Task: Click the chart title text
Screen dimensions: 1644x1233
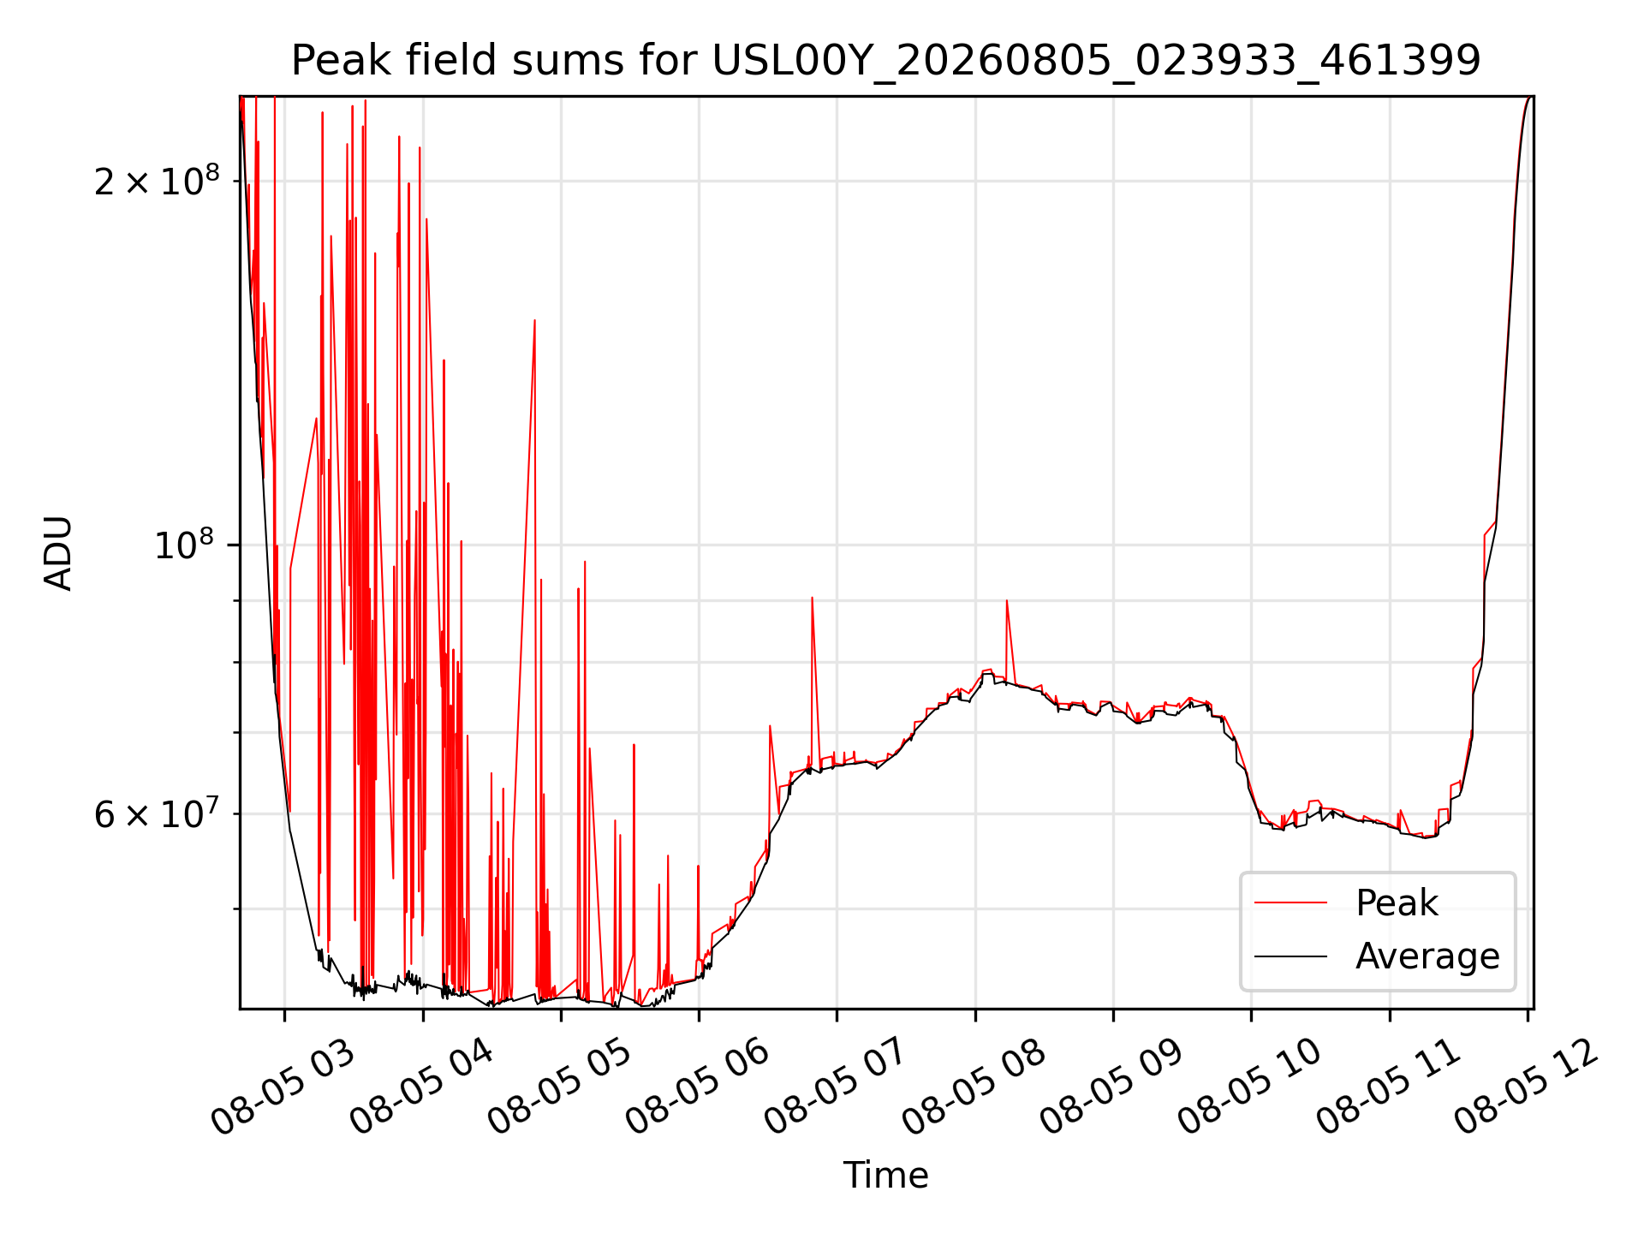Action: pos(885,61)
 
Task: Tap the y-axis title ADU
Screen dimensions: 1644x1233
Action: pos(58,552)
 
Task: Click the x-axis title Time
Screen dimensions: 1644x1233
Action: pos(885,1176)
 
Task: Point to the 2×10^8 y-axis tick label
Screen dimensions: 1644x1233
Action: pos(157,181)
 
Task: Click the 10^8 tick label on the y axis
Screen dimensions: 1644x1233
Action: pos(187,545)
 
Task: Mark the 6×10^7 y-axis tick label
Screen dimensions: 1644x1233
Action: pos(157,814)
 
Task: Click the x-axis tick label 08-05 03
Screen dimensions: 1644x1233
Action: pos(283,1087)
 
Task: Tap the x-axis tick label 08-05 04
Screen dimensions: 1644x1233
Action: pos(421,1087)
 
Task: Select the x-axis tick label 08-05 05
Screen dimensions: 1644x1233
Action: pos(559,1087)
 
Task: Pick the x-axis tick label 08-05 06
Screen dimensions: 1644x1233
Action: pos(697,1087)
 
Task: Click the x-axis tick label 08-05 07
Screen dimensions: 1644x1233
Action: pos(835,1087)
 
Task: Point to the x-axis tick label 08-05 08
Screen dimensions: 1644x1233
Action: pos(974,1087)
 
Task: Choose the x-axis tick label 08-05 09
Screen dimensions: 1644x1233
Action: pos(1111,1087)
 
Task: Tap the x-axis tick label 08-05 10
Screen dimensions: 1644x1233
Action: pos(1249,1087)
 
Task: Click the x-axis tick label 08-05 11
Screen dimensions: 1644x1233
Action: pos(1388,1087)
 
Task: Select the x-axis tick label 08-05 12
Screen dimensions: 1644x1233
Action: pos(1526,1087)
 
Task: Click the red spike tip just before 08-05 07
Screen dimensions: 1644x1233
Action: pos(812,598)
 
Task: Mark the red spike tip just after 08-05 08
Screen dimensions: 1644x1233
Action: pos(1007,601)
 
